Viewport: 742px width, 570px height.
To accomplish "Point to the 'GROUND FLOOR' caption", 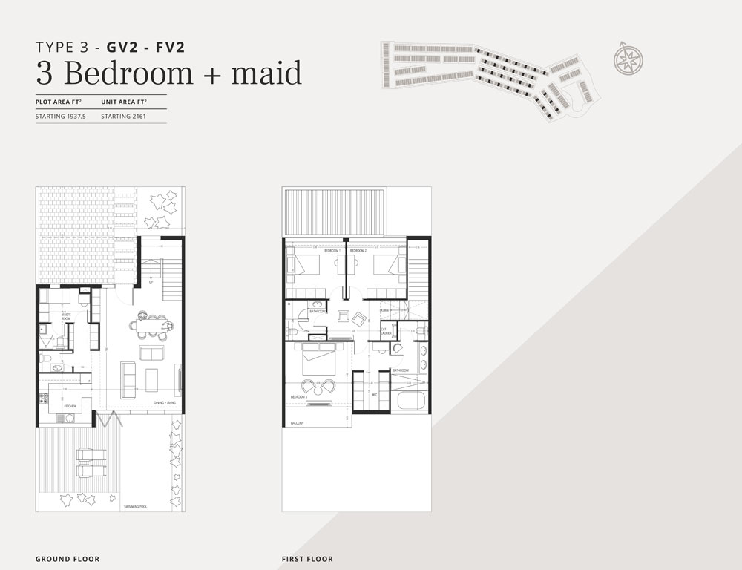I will tap(67, 559).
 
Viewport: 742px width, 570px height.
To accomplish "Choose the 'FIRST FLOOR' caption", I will tap(307, 559).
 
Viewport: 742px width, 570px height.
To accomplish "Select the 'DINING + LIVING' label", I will tap(165, 402).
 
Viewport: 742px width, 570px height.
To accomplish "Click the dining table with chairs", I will tap(154, 324).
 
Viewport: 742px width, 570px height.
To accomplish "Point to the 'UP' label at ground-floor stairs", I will tap(151, 282).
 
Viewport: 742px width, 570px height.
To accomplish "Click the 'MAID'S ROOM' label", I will tap(66, 316).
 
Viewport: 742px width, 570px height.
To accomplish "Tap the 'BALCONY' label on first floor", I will tap(298, 422).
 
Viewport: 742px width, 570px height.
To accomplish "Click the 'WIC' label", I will tap(375, 394).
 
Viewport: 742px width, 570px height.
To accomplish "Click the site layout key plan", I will tap(486, 78).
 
